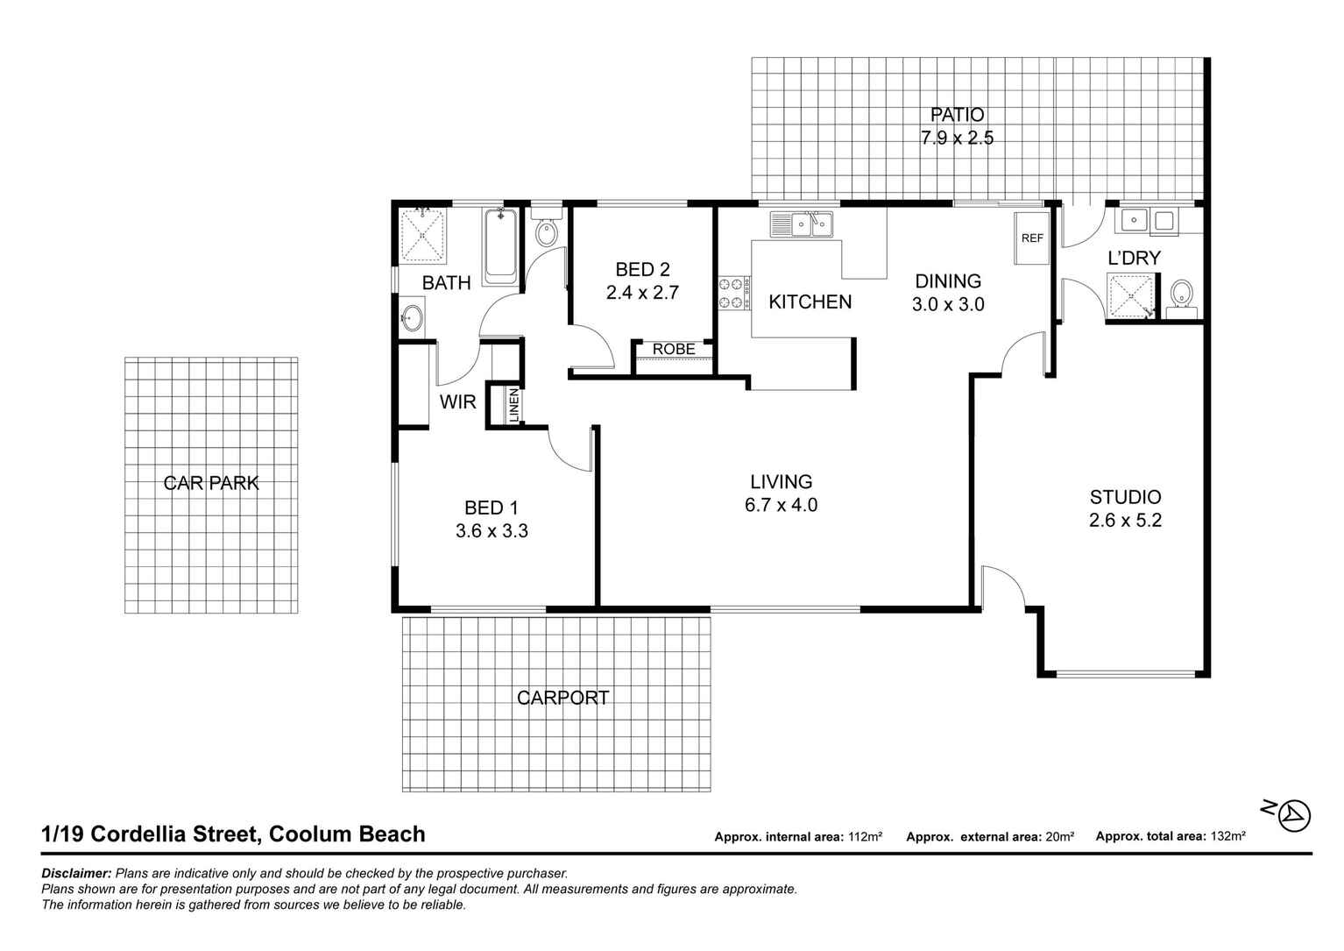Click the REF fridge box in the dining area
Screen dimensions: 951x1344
pos(1032,238)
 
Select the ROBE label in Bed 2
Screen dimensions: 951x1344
pos(674,349)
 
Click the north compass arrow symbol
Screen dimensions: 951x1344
pos(1294,815)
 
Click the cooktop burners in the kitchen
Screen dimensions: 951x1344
pos(734,293)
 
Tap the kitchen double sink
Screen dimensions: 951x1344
pos(802,225)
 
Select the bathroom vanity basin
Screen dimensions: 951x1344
pos(412,317)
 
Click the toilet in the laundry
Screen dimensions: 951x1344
pos(1181,295)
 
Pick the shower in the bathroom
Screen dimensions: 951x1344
pos(423,235)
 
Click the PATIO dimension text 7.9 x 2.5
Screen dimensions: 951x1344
pos(957,138)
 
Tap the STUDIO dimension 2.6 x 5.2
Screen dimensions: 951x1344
pos(1125,520)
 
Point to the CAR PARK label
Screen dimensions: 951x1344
pos(211,483)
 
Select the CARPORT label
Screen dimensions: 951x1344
pos(562,698)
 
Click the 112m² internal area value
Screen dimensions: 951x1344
pos(865,837)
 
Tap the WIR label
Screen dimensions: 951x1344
pos(457,402)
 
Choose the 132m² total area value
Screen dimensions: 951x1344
pos(1227,837)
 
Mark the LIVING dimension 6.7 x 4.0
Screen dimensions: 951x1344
pos(781,505)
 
